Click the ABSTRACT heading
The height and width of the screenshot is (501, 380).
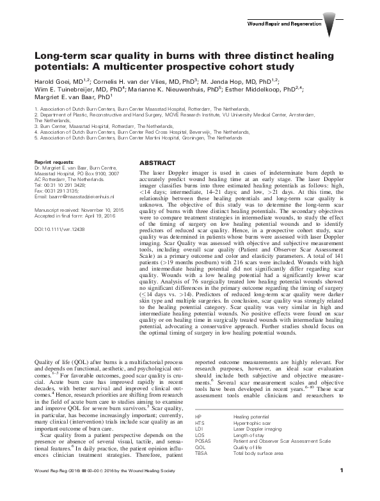157,163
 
